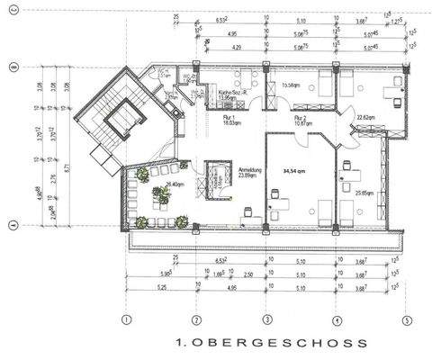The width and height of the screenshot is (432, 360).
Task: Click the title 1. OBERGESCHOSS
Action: [x=271, y=343]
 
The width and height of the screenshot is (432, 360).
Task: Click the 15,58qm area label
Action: [x=291, y=86]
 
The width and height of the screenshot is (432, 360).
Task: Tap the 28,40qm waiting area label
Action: [x=164, y=186]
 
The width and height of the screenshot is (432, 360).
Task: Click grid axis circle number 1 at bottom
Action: [x=127, y=319]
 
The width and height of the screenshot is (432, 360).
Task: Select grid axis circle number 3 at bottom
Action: [x=266, y=319]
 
